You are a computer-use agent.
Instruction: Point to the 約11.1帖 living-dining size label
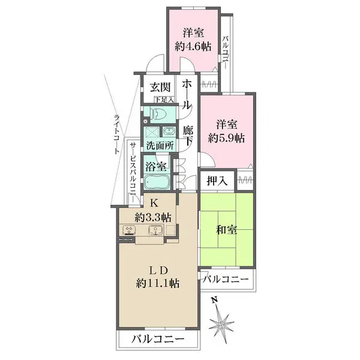(157, 282)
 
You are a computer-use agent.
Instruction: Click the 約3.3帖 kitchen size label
(154, 217)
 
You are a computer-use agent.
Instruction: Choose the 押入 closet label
(218, 181)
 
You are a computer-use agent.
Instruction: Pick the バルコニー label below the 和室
(225, 278)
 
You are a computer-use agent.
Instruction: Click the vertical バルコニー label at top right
(225, 53)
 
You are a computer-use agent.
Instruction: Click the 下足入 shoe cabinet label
(163, 99)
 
